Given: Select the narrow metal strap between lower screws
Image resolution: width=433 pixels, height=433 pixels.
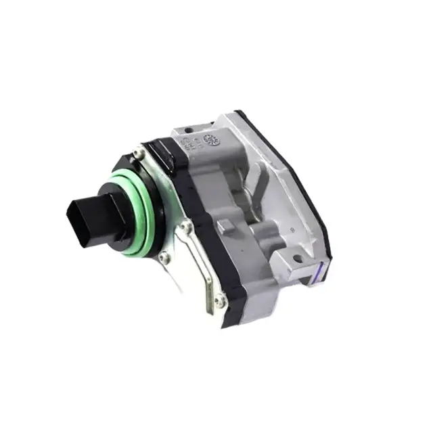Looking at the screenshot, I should [x=200, y=267].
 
